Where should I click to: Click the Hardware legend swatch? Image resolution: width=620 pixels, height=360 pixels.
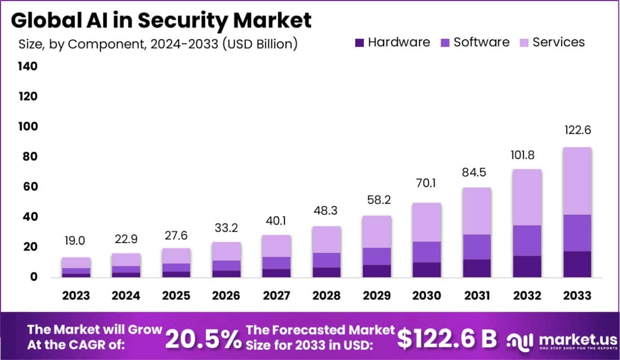(x=360, y=42)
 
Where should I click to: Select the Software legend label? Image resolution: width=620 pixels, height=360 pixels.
(x=481, y=42)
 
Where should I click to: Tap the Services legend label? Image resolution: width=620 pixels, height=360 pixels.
(x=558, y=42)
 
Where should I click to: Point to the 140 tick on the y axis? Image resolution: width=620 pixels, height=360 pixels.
(x=27, y=66)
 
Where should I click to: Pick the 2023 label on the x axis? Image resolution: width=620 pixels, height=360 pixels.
(x=75, y=295)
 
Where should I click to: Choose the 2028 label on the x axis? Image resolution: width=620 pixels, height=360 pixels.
(x=326, y=295)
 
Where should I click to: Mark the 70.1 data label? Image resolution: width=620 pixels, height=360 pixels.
(x=426, y=183)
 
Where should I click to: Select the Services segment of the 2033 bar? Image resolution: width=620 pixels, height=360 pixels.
(x=577, y=181)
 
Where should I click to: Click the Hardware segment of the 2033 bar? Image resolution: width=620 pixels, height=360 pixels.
(x=577, y=264)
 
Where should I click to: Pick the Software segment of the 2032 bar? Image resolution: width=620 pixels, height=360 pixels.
(x=526, y=241)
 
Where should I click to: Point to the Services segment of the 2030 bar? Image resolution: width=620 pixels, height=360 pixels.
(x=426, y=222)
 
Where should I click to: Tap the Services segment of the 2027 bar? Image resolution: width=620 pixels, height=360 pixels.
(x=276, y=246)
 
